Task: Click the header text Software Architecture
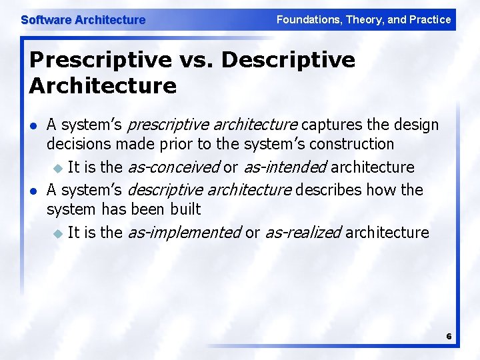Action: click(83, 20)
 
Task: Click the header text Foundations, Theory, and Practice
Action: click(363, 19)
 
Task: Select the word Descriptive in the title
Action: click(288, 60)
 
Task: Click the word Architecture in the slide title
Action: click(103, 85)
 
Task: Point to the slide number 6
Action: click(449, 336)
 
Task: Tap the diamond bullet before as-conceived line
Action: click(58, 167)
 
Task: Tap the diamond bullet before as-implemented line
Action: click(58, 233)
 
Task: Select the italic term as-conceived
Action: click(173, 167)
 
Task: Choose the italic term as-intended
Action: click(285, 167)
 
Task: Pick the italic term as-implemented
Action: click(184, 232)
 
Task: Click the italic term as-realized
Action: click(303, 232)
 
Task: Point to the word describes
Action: click(328, 190)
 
